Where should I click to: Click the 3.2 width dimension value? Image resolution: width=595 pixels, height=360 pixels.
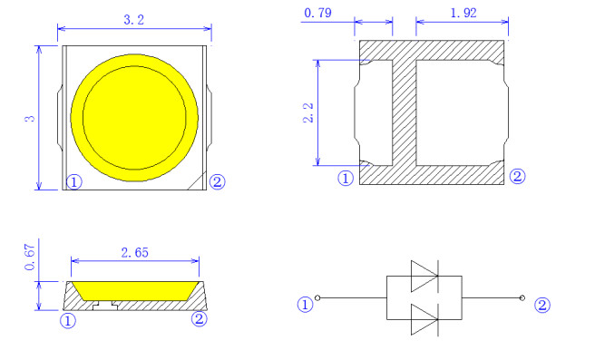pyautogui.click(x=134, y=19)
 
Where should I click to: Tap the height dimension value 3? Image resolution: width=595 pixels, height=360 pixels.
pyautogui.click(x=30, y=119)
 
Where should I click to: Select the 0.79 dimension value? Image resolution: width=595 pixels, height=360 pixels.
pyautogui.click(x=317, y=13)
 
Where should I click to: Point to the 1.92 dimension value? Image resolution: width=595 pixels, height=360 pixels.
pyautogui.click(x=463, y=13)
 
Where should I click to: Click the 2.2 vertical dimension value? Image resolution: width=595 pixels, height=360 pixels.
pyautogui.click(x=308, y=112)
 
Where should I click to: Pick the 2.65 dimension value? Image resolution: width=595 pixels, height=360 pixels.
pyautogui.click(x=135, y=252)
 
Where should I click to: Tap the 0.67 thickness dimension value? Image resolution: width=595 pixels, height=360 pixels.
pyautogui.click(x=30, y=257)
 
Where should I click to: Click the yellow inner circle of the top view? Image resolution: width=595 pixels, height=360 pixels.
pyautogui.click(x=134, y=118)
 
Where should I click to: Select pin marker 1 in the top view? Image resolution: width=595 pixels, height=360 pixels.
pyautogui.click(x=74, y=182)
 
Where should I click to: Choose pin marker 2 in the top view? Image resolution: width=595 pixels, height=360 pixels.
pyautogui.click(x=217, y=181)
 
